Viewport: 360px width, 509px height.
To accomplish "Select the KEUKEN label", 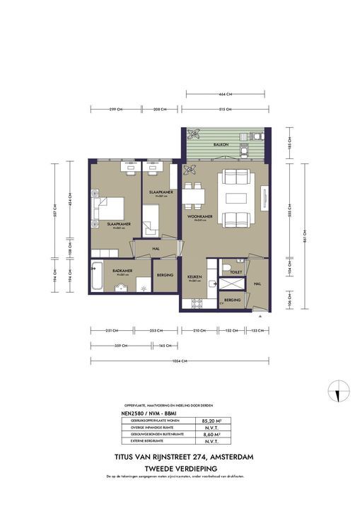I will (194, 277).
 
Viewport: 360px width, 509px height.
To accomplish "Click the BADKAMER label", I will (122, 270).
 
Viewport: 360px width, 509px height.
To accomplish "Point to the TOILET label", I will (236, 271).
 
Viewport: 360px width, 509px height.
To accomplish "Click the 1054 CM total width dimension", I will (180, 361).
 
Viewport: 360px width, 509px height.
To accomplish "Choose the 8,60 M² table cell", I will (214, 433).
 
